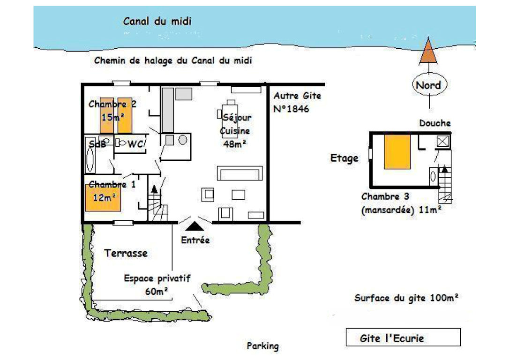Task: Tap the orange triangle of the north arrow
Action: (x=427, y=53)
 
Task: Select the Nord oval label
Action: (x=428, y=85)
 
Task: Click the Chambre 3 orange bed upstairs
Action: (x=397, y=151)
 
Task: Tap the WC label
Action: (x=135, y=144)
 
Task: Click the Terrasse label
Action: (x=126, y=253)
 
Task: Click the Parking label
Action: (x=262, y=346)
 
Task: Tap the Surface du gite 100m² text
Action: (x=406, y=298)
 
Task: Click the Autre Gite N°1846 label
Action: (x=297, y=102)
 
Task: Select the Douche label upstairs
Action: (x=434, y=123)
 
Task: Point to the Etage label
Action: (x=344, y=158)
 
